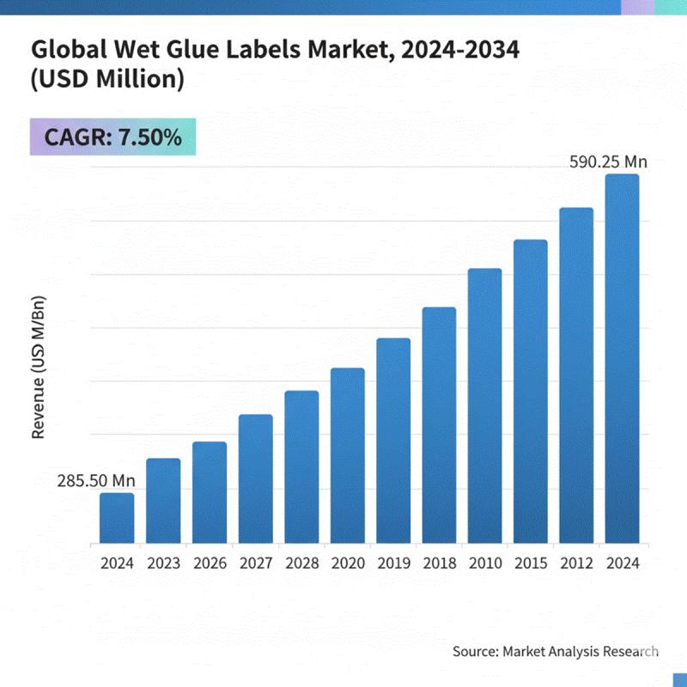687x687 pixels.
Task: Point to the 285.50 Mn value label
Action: point(96,481)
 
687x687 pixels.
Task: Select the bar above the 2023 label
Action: point(163,502)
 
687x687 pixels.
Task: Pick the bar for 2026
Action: point(210,493)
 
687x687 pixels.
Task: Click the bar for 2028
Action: point(301,467)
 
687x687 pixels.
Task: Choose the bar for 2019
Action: point(393,441)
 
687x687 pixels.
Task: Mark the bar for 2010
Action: point(485,406)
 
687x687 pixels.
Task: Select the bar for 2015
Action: point(531,392)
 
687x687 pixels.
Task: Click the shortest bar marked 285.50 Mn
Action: point(117,519)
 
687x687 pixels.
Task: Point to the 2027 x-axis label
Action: point(255,564)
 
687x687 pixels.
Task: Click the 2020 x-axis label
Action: point(347,564)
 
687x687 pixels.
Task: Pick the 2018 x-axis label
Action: point(439,564)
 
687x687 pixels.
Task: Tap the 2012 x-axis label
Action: point(576,564)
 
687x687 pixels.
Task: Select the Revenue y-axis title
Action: point(38,368)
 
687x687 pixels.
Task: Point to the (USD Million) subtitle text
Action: point(107,82)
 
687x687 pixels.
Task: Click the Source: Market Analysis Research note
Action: point(556,652)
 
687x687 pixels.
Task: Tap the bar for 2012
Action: point(576,376)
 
